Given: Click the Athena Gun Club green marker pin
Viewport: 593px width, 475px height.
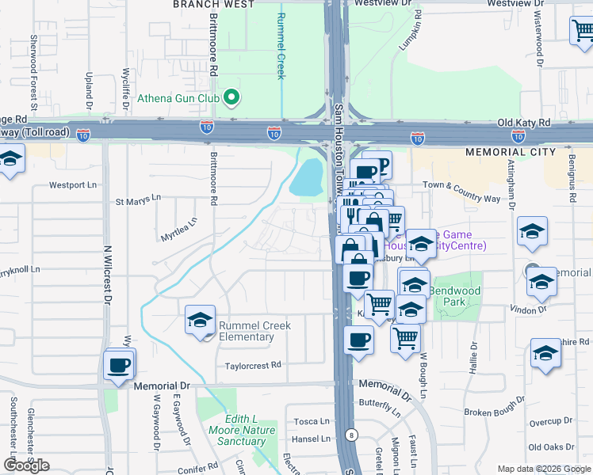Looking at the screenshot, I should [x=232, y=98].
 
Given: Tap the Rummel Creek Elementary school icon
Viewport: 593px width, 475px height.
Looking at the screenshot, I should [x=199, y=320].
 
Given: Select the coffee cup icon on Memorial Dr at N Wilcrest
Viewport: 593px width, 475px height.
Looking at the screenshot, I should [x=120, y=366].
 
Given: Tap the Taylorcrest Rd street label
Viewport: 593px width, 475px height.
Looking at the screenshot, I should [x=253, y=365].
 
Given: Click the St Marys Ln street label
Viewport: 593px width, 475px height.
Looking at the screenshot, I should [x=138, y=198].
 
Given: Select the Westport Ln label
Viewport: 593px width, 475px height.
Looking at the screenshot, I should [x=73, y=185].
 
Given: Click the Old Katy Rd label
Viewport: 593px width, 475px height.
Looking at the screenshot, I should [x=523, y=123].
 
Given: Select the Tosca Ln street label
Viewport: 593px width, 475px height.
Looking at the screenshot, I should [x=312, y=421].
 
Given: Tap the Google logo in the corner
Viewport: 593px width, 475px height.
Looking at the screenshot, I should [x=26, y=465].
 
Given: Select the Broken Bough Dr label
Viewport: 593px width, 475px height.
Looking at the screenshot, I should [x=491, y=412].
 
